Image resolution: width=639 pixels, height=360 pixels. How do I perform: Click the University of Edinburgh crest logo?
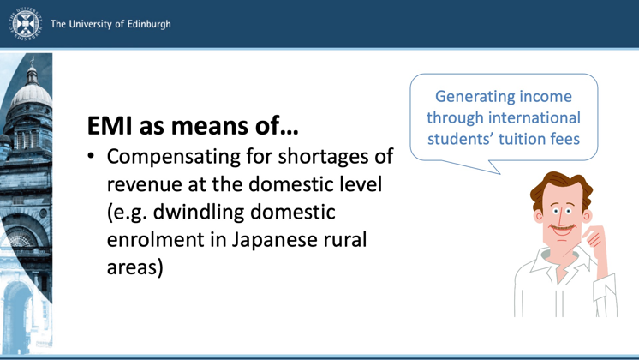[x=26, y=24]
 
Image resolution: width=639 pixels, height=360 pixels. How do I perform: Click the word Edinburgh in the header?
[x=149, y=25]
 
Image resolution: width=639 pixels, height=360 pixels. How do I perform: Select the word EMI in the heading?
[x=110, y=126]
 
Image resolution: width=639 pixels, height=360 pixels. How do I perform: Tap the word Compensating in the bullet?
[x=174, y=158]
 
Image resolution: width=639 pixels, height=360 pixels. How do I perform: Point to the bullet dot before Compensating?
[x=91, y=156]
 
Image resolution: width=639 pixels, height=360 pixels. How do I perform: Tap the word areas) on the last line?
[x=134, y=268]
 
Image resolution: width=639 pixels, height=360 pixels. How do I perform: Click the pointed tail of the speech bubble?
[x=499, y=173]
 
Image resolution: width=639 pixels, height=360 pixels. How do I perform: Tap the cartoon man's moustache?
[x=563, y=227]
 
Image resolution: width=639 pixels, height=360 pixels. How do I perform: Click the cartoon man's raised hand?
[x=594, y=237]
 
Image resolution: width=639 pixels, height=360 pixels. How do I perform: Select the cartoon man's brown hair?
[x=561, y=187]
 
